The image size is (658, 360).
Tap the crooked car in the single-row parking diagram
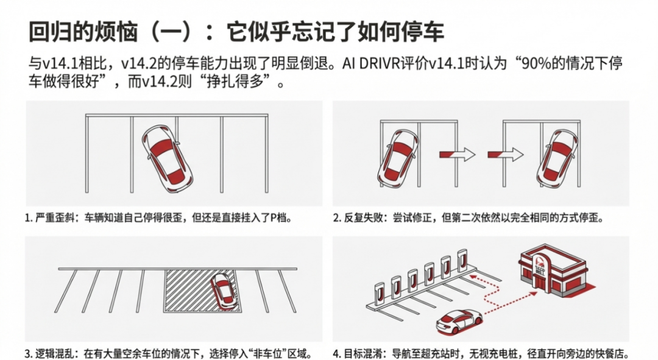(166, 157)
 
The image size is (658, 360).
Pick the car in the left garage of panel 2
(398, 157)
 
